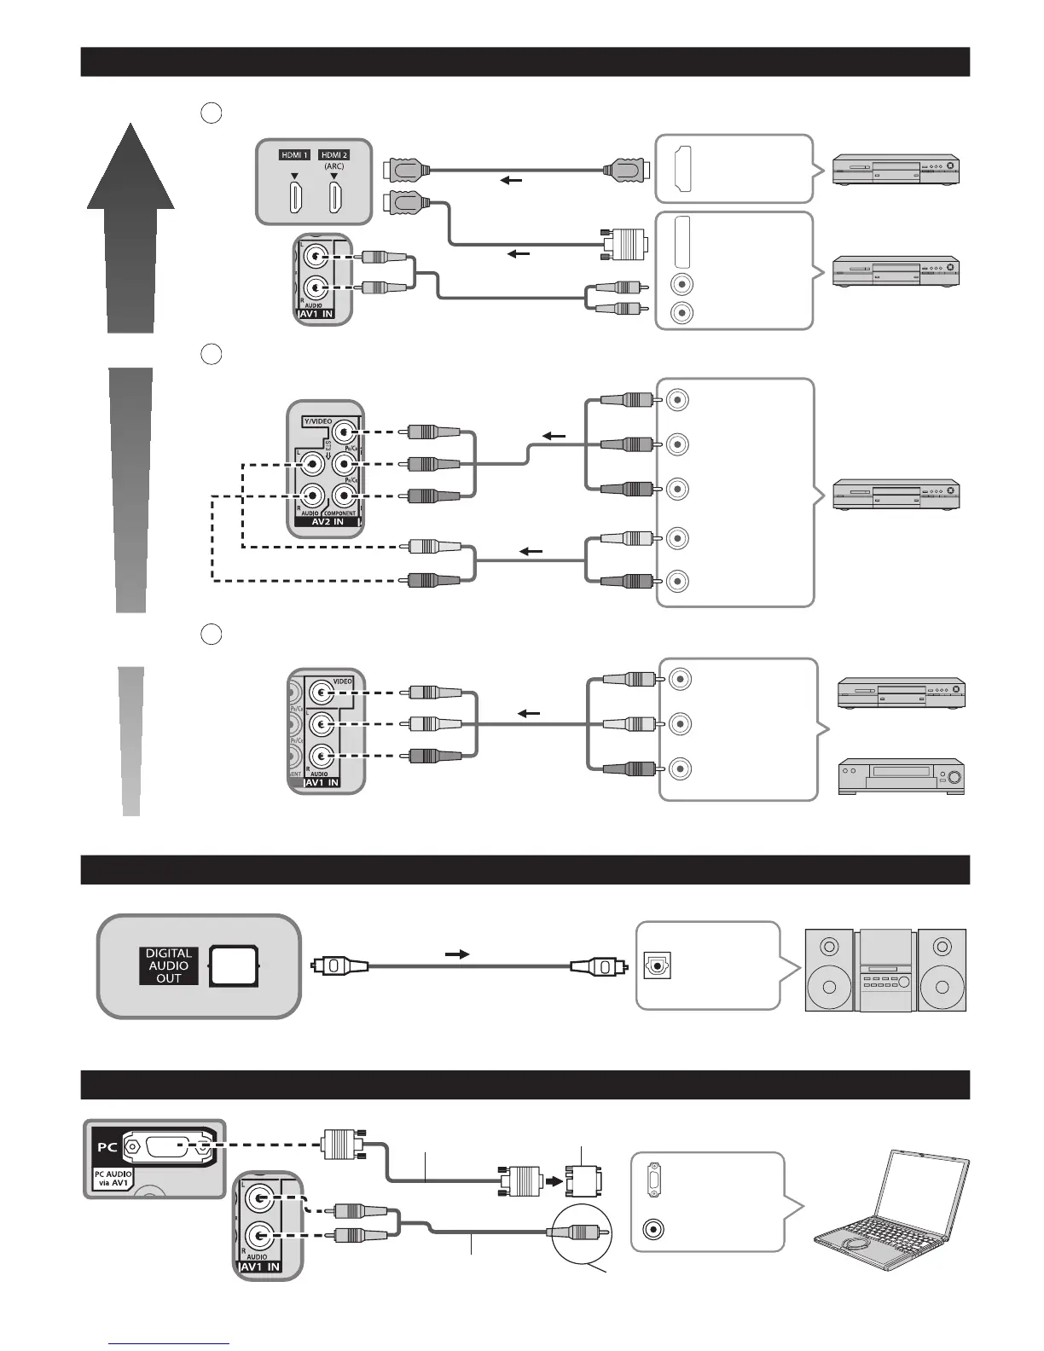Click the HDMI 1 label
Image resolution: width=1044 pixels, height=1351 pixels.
(294, 155)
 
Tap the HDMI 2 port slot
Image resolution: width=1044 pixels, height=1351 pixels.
(334, 199)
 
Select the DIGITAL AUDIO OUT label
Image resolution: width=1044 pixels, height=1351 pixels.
(169, 965)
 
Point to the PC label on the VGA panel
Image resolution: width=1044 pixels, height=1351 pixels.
(107, 1146)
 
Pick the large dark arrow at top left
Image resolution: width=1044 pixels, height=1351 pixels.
(130, 226)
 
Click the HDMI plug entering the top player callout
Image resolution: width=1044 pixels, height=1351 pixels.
(624, 170)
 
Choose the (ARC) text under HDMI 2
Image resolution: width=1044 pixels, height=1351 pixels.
(334, 167)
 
